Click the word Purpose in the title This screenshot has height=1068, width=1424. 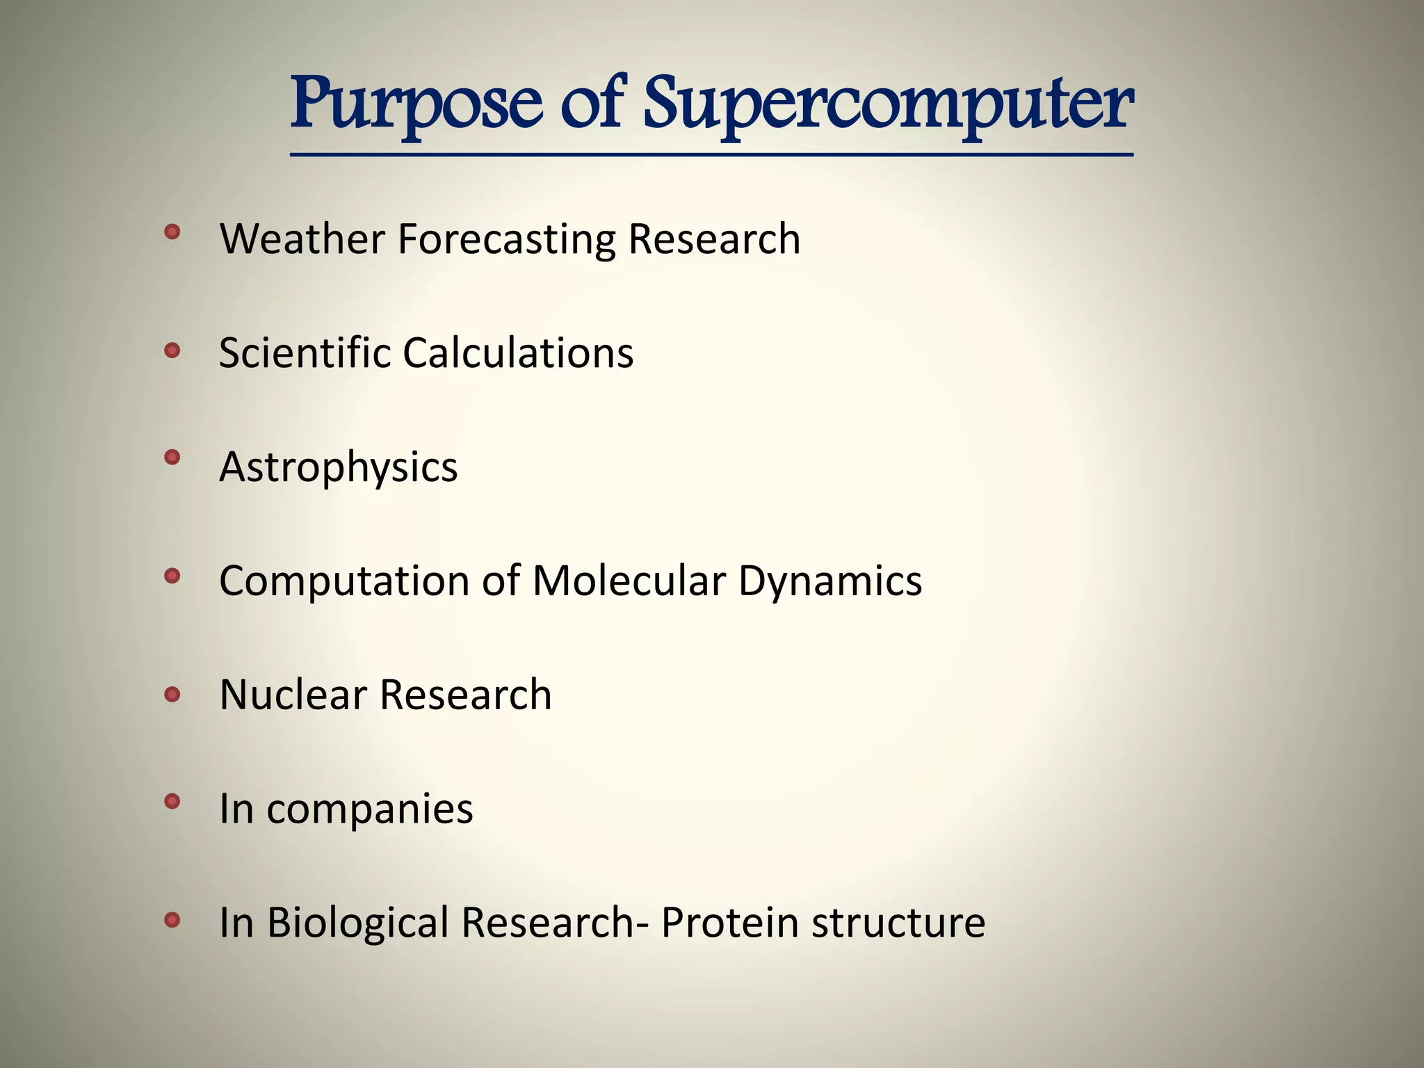click(x=416, y=106)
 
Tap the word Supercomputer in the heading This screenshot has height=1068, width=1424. click(x=888, y=106)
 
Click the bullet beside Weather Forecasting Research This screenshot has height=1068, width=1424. click(x=172, y=232)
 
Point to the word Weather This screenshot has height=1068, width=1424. click(x=302, y=238)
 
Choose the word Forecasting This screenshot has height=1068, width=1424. click(x=506, y=240)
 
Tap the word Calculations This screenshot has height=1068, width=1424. click(x=518, y=353)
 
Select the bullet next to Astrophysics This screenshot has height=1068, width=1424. click(x=172, y=458)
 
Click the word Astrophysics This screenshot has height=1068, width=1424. click(x=339, y=467)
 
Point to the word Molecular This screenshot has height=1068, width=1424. click(x=629, y=580)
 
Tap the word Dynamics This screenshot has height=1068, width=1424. click(x=830, y=581)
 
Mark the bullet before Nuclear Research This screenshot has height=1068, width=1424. click(x=172, y=694)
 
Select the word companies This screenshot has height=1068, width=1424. click(x=369, y=809)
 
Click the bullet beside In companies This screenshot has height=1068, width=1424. click(x=172, y=802)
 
